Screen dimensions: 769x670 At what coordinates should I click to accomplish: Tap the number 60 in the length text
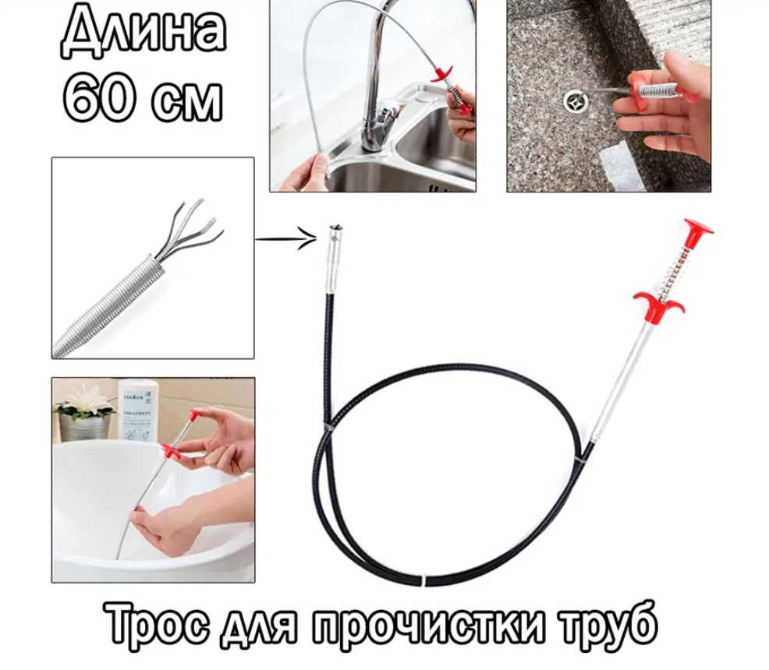[97, 98]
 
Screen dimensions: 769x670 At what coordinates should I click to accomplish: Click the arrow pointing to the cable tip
[286, 239]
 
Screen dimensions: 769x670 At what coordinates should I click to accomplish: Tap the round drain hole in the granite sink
[574, 101]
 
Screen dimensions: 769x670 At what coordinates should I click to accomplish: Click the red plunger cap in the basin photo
[196, 415]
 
